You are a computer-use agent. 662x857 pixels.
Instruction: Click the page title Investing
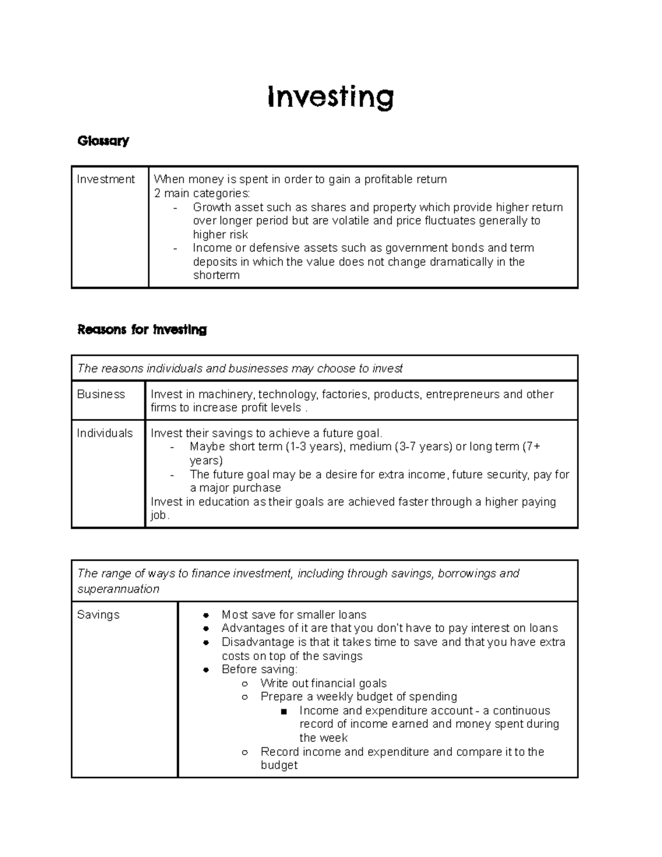330,98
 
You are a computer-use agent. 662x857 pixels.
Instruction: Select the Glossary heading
103,141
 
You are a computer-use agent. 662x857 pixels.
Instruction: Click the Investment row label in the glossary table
105,179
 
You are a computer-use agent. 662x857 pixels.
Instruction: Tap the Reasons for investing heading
142,330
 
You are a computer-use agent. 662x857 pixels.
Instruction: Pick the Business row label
101,394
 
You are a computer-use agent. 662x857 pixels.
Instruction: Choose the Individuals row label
105,433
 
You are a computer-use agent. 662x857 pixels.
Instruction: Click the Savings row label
98,615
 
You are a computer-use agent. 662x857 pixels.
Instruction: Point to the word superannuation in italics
118,589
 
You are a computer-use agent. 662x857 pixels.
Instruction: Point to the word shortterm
216,275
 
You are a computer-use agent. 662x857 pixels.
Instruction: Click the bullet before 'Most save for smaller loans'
206,615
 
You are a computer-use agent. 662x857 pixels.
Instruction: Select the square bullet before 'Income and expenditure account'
284,711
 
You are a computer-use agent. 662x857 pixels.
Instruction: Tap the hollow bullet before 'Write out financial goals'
244,684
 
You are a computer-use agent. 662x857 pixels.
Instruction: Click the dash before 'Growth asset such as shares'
175,207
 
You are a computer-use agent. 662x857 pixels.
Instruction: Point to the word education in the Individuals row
223,502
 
